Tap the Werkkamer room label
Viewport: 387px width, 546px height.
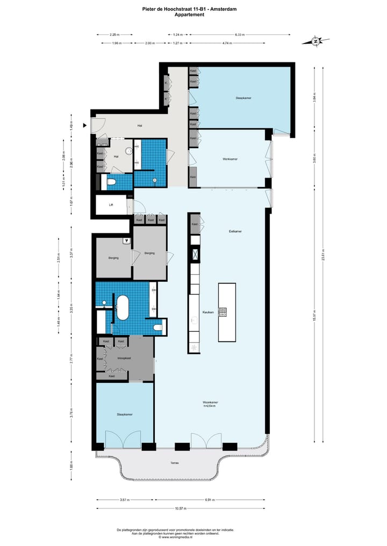pyautogui.click(x=231, y=159)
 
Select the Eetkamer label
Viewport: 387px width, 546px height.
pyautogui.click(x=235, y=231)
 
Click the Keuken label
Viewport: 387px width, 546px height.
pyautogui.click(x=208, y=312)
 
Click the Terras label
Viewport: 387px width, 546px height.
pyautogui.click(x=175, y=463)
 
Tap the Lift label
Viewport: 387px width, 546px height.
pyautogui.click(x=111, y=205)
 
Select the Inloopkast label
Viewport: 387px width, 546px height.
pyautogui.click(x=125, y=358)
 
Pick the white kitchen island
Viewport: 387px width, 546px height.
pyautogui.click(x=226, y=312)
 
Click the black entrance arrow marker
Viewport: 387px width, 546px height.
pyautogui.click(x=84, y=126)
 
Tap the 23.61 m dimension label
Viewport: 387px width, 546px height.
pyautogui.click(x=323, y=257)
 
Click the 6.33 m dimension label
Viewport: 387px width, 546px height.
pyautogui.click(x=239, y=34)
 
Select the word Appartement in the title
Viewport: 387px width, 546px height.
pyautogui.click(x=189, y=15)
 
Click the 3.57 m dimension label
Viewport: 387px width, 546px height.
pyautogui.click(x=125, y=500)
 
